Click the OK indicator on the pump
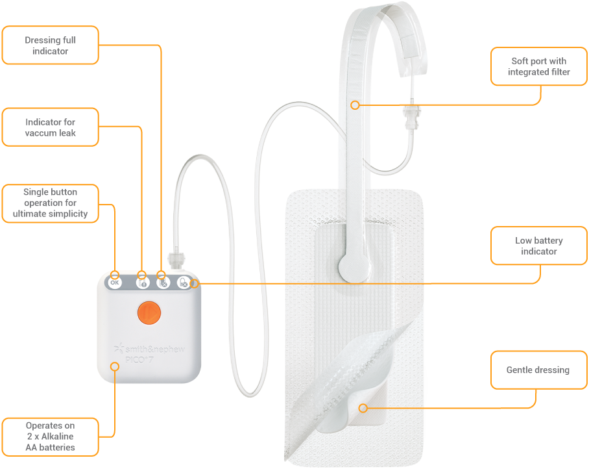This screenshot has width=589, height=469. [115, 283]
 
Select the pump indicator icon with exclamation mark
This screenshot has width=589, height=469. [141, 283]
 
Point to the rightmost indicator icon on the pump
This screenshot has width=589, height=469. [184, 283]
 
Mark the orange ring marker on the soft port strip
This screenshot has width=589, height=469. [354, 105]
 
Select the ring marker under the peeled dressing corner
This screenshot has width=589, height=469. [363, 408]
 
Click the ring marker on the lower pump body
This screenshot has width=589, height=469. [115, 366]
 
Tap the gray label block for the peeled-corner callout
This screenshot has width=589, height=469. [544, 377]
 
